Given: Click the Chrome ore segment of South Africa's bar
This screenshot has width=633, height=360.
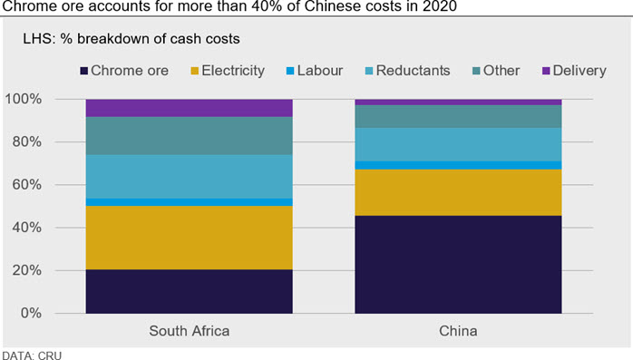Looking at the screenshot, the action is coord(189,291).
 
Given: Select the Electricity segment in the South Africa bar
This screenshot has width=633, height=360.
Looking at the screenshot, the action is coord(189,238).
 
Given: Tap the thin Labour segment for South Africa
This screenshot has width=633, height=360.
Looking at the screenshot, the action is coord(189,202).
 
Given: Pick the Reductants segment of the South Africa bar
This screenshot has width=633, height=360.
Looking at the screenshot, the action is coord(189,176).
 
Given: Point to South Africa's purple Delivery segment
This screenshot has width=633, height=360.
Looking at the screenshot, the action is coord(189,108).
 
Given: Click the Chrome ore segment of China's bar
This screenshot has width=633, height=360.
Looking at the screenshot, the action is coord(458,265).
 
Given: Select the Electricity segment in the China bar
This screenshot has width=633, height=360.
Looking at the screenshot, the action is coord(458,192).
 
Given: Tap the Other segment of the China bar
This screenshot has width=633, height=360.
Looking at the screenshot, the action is coord(458,116).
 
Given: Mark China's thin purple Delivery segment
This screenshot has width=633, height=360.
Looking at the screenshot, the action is coord(458,102).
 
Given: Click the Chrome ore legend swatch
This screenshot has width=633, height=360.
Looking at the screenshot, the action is coord(84,72).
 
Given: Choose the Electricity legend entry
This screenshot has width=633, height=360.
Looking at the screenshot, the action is coord(228,71).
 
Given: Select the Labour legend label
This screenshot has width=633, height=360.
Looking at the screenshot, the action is coord(320,71).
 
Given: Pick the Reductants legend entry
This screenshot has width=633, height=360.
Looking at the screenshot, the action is coord(407,71).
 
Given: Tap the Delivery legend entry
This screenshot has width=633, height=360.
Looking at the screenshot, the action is coord(574,71).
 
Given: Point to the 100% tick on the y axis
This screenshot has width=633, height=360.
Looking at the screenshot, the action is coord(23,99).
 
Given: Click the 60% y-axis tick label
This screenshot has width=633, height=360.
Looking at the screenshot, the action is coord(26,185).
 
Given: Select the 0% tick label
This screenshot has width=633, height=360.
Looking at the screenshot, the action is coord(31,313).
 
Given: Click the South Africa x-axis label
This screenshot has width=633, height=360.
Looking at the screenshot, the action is coord(190,331).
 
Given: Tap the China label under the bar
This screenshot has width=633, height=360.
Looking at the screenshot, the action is coord(458,331).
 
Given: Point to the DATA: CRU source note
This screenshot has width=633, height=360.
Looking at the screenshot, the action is coord(33,355).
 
